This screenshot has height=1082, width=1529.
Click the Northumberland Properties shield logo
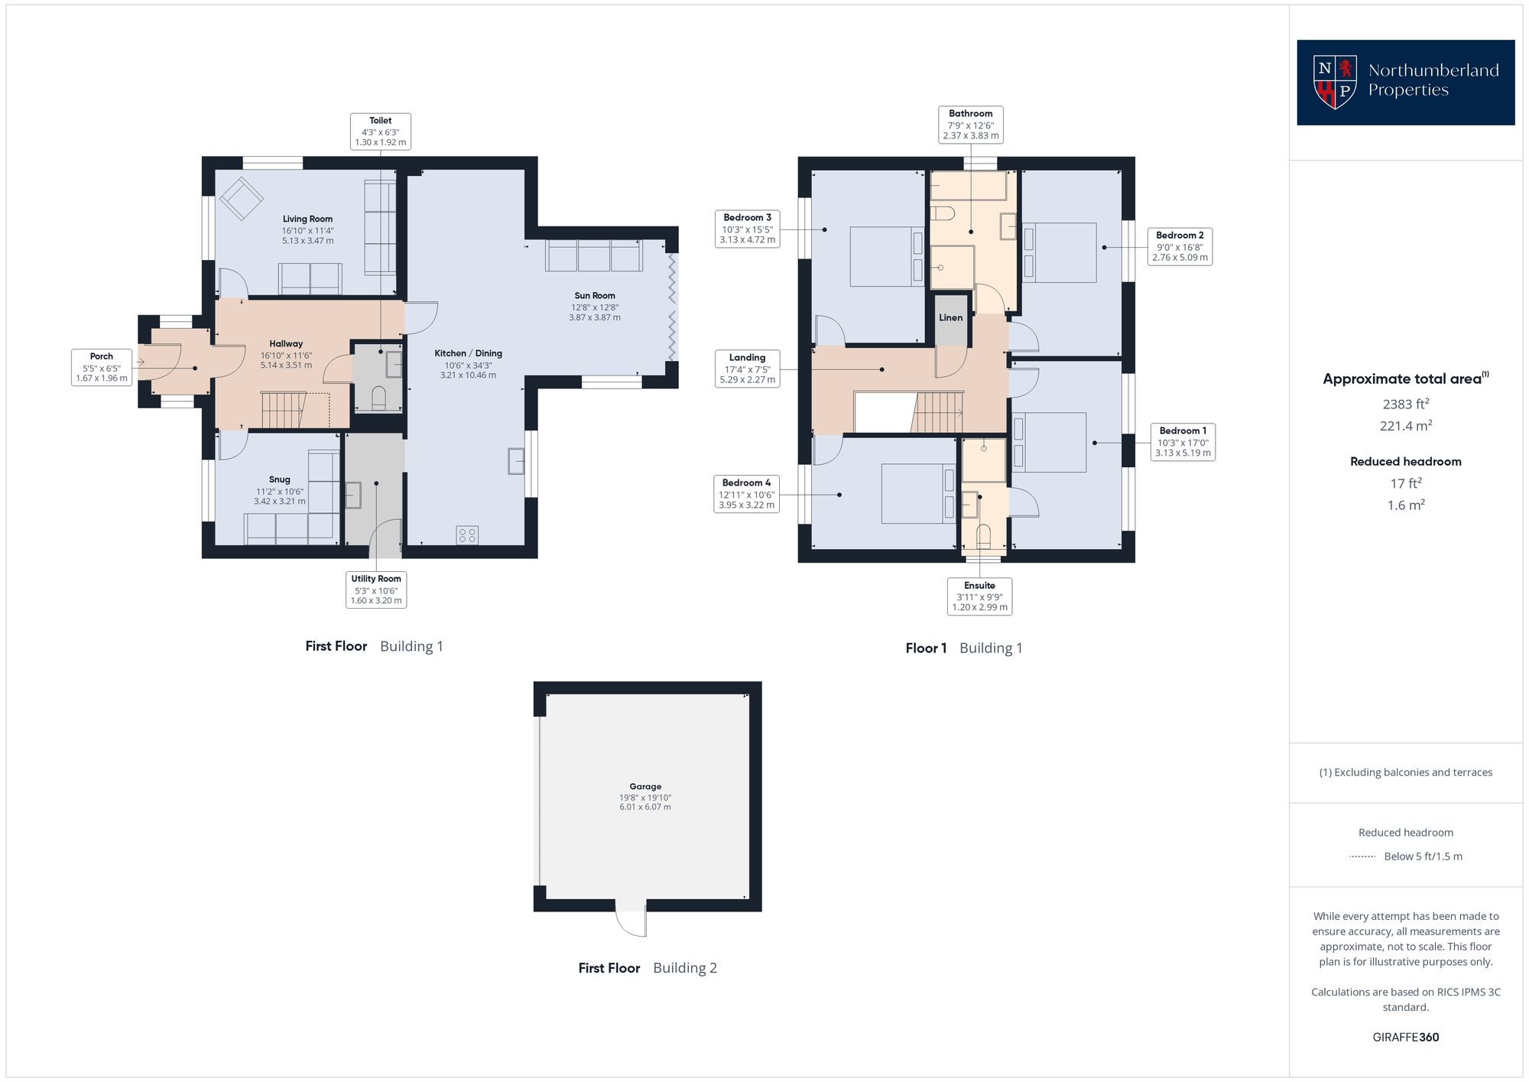pos(1335,82)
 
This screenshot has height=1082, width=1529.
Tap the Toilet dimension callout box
pos(380,132)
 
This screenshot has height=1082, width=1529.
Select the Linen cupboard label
pos(950,317)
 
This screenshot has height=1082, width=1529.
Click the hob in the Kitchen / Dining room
pos(467,535)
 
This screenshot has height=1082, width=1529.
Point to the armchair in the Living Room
pos(242,198)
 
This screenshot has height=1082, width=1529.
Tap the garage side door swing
pos(631,921)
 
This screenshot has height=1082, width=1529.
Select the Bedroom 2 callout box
pos(1180,246)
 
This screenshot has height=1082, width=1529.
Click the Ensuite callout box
pos(979,596)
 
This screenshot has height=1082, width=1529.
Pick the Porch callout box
pos(102,367)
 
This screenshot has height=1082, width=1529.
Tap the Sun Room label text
pos(595,296)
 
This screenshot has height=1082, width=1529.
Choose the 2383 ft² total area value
pos(1406,404)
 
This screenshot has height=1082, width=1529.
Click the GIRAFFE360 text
pos(1405,1037)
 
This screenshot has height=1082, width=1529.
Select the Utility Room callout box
pos(375,590)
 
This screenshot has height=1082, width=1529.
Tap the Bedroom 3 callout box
pos(747,229)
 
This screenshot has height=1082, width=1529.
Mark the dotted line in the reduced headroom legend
pos(1362,856)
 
